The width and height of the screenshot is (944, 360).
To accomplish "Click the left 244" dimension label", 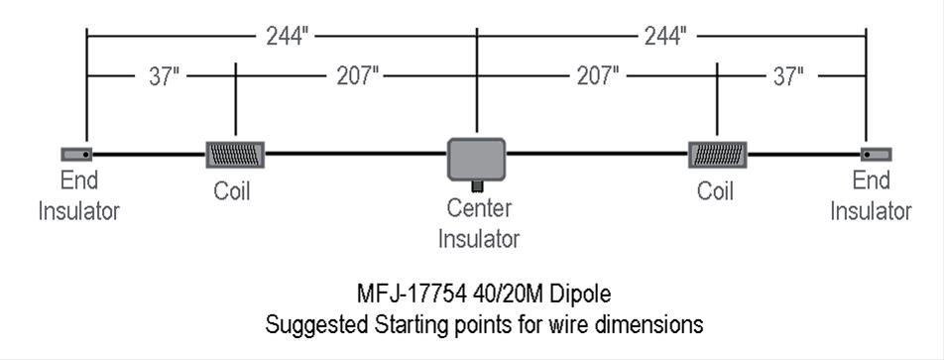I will point(288,37).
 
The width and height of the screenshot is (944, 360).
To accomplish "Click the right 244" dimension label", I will point(663,37).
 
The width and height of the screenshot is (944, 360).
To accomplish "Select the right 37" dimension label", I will point(787,76).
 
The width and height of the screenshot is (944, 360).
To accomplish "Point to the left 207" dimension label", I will point(357,76).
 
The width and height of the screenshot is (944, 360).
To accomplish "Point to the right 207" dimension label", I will point(598,76).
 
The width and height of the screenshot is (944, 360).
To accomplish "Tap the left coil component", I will point(236,155).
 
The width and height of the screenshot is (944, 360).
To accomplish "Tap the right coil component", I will point(717,155).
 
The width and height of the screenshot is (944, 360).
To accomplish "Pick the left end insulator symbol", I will point(77,154).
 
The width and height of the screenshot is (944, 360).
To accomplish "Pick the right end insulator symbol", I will point(876,154).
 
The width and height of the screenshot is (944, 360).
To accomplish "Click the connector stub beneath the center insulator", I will point(477,185).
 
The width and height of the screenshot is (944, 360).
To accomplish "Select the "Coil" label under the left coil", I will point(232,191).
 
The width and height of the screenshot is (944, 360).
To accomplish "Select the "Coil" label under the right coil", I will point(715,191).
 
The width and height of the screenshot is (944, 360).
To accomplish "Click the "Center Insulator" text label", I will point(479,223).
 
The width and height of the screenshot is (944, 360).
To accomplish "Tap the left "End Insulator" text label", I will point(79,195).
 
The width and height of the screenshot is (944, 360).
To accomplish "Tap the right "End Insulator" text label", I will point(871,195).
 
